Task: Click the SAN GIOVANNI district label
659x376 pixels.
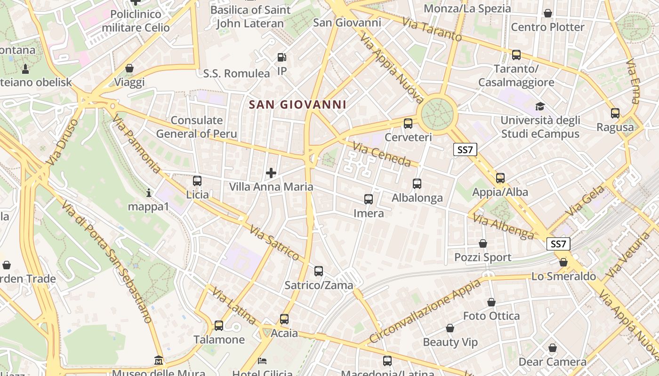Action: pos(297,104)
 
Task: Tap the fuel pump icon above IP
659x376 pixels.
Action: pos(282,57)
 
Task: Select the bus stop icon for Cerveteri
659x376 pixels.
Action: pos(408,124)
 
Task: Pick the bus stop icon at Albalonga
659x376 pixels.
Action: pos(417,184)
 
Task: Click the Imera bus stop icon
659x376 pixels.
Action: pos(369,199)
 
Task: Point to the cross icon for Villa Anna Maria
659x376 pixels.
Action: pos(271,173)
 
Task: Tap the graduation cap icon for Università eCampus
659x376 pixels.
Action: pos(540,107)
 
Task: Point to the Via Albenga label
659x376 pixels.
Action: pos(503,227)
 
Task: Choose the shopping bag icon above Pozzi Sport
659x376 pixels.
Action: pos(483,243)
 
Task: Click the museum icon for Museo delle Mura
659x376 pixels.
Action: pos(159,360)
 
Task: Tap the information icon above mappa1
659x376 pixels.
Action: pos(149,193)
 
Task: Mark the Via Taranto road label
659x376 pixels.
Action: pos(432,29)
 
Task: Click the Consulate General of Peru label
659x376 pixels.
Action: pos(197,127)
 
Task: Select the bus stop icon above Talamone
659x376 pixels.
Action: pos(219,325)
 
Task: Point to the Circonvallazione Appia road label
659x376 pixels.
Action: pos(424,312)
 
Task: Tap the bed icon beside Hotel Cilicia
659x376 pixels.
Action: pos(263,361)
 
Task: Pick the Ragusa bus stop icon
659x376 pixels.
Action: pos(615,113)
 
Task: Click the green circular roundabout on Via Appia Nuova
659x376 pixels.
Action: pos(437,113)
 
